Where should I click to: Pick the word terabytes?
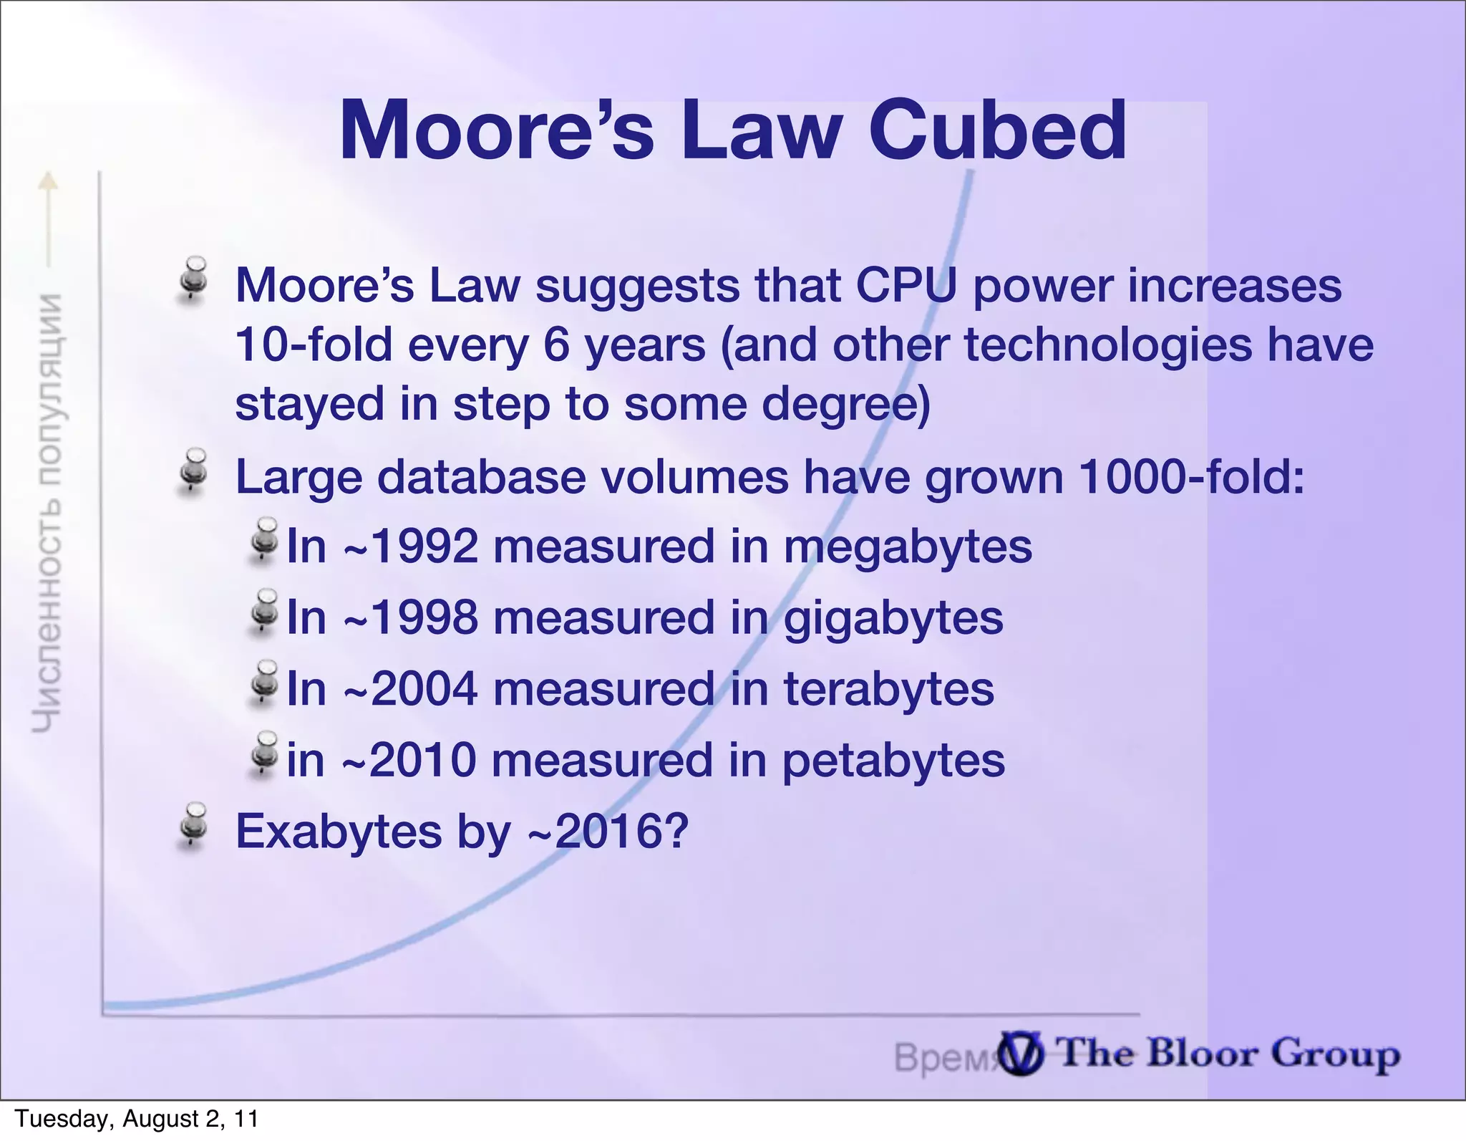click(x=888, y=689)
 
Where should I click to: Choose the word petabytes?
click(x=893, y=761)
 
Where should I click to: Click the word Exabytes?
click(x=339, y=832)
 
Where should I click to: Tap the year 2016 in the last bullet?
click(x=612, y=832)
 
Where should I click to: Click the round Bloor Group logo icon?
click(x=1021, y=1054)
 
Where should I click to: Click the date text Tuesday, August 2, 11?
click(x=137, y=1119)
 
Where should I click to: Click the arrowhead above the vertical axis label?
click(x=47, y=181)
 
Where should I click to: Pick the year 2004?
click(x=424, y=689)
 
